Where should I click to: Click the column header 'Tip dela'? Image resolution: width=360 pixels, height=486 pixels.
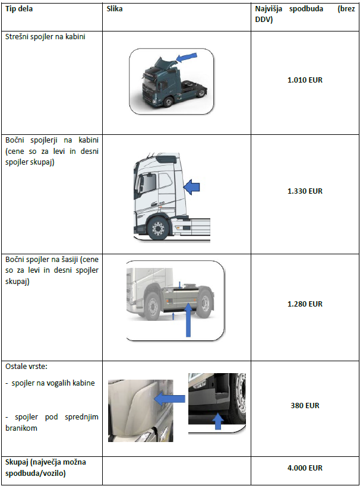(x=19, y=9)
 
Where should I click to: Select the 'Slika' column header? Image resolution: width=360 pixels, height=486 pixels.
(x=114, y=9)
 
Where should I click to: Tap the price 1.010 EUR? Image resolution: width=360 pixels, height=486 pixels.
(x=305, y=80)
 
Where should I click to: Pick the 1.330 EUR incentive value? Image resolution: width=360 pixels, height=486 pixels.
(x=305, y=191)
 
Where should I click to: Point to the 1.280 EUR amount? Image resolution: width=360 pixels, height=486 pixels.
(x=305, y=304)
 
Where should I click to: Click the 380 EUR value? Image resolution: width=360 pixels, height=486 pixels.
(x=305, y=405)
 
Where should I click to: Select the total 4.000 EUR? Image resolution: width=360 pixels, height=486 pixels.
(x=305, y=468)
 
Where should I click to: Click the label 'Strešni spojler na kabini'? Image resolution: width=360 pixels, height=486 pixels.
(x=45, y=37)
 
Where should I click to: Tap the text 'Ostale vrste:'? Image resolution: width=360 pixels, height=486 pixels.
(x=26, y=367)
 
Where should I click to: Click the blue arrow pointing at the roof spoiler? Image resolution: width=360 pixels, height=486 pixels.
(x=187, y=57)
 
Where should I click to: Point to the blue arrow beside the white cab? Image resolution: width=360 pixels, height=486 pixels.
(x=191, y=187)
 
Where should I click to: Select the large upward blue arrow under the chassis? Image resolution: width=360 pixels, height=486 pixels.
(x=188, y=320)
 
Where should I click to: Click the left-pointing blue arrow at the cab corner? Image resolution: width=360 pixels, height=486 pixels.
(x=169, y=399)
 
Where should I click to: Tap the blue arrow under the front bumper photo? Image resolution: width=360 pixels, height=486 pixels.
(x=218, y=421)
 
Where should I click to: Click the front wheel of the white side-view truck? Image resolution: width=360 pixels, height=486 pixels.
(x=158, y=228)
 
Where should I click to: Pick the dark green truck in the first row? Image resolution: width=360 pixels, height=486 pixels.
(x=171, y=81)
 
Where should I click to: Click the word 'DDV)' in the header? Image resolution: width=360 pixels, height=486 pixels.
(x=264, y=20)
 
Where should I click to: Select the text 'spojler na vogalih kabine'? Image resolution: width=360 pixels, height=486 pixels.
(x=53, y=383)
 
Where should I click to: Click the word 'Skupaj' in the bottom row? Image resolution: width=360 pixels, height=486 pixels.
(x=17, y=462)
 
